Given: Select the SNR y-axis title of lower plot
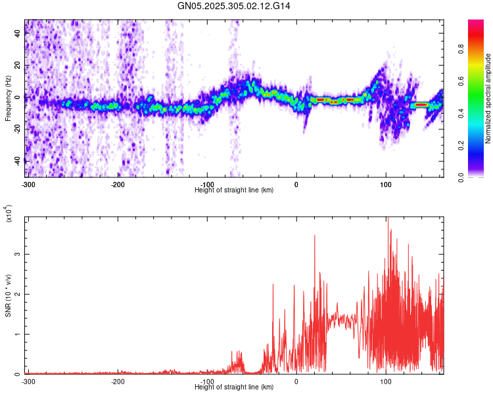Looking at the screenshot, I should [9, 295].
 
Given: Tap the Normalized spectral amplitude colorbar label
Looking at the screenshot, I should [488, 98].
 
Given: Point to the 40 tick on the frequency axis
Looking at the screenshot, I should [18, 33].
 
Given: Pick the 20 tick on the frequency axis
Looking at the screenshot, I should [18, 65].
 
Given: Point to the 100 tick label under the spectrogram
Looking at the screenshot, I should [386, 183].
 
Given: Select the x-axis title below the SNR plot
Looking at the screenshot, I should [234, 387].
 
